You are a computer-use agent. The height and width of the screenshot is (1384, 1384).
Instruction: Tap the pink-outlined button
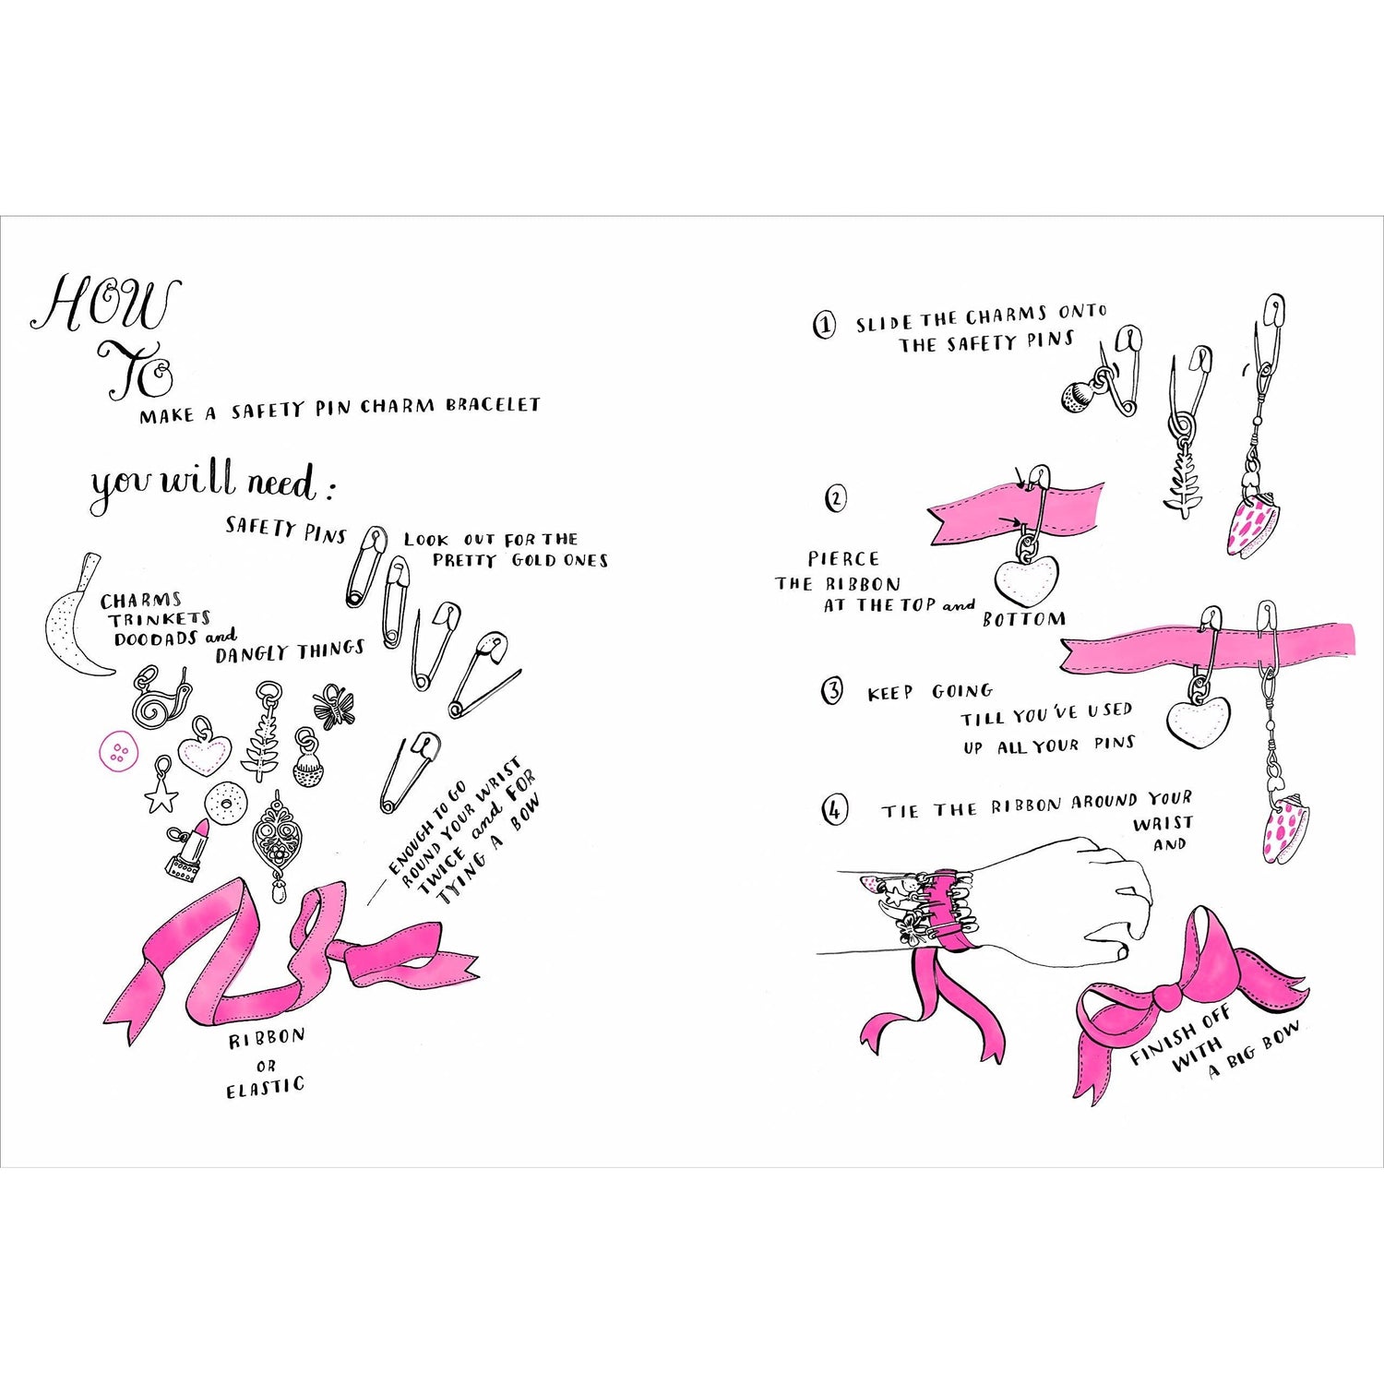pyautogui.click(x=117, y=753)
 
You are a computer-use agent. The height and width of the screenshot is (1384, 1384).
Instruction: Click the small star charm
pyautogui.click(x=162, y=790)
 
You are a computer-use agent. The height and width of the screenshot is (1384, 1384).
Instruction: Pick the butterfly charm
pyautogui.click(x=333, y=708)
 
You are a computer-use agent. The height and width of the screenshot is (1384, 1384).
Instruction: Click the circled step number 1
pyautogui.click(x=824, y=325)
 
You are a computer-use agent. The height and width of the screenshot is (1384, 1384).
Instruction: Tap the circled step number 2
pyautogui.click(x=834, y=499)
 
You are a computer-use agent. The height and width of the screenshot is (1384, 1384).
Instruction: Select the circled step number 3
pyautogui.click(x=831, y=691)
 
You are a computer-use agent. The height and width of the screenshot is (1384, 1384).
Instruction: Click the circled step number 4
pyautogui.click(x=834, y=810)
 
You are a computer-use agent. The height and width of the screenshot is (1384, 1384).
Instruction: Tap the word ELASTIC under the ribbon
pyautogui.click(x=265, y=1088)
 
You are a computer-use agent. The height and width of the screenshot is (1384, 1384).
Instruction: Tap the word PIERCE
pyautogui.click(x=843, y=558)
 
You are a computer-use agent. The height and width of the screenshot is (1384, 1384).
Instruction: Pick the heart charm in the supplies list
pyautogui.click(x=205, y=756)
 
